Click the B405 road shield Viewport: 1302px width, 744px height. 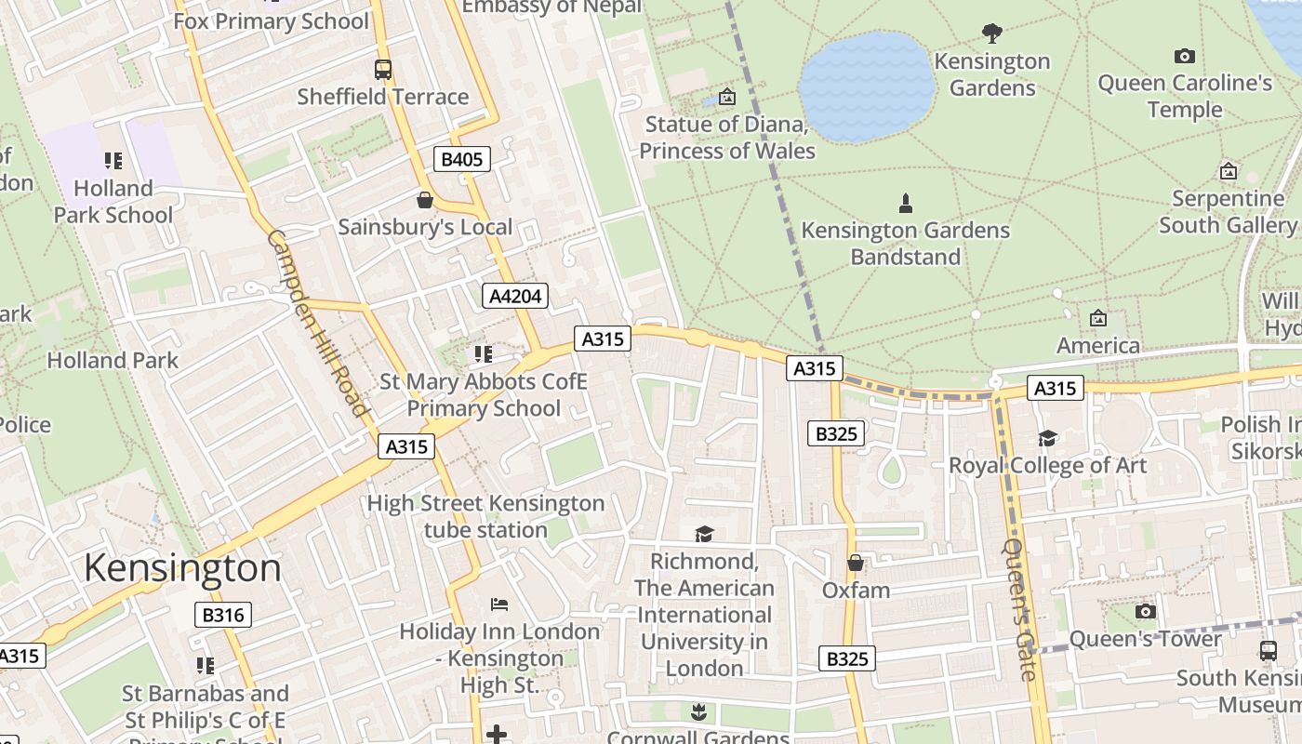point(461,159)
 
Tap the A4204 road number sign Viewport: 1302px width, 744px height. point(515,296)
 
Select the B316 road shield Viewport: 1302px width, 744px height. point(223,615)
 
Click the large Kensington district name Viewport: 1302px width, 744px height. point(182,567)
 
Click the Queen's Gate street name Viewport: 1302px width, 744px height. point(1019,609)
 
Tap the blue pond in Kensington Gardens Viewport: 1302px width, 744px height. point(867,86)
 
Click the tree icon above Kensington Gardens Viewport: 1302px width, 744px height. point(991,33)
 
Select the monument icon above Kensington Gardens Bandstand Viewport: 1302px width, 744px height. point(905,203)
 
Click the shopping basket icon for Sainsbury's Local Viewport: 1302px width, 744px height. point(425,200)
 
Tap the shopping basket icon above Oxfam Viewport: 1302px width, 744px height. point(856,563)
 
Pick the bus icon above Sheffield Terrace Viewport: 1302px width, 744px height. point(382,69)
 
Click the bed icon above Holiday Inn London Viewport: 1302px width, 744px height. point(499,604)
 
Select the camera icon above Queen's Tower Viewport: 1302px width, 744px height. point(1145,611)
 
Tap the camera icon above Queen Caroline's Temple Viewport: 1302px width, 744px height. point(1184,56)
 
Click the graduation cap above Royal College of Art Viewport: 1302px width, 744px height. point(1047,438)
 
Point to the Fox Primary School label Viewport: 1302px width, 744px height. point(271,21)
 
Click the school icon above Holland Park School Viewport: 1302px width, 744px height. point(113,161)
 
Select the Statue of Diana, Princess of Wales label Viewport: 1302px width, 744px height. point(727,138)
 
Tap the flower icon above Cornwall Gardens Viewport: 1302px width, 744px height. point(698,712)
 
